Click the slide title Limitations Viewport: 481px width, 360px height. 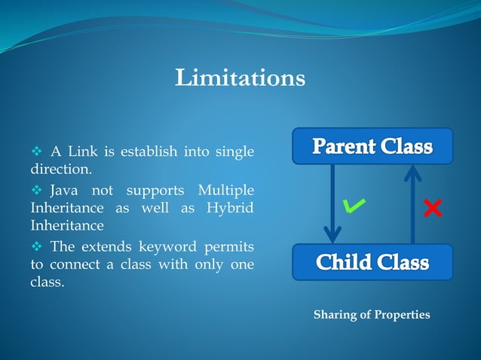tap(240, 78)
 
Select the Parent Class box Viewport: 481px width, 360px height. tap(372, 146)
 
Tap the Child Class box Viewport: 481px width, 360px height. tap(372, 262)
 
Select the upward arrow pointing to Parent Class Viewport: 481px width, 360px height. tap(412, 203)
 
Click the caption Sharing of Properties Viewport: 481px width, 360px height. tap(372, 314)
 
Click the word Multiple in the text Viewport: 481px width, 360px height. tap(225, 188)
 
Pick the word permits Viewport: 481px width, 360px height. tap(229, 246)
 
